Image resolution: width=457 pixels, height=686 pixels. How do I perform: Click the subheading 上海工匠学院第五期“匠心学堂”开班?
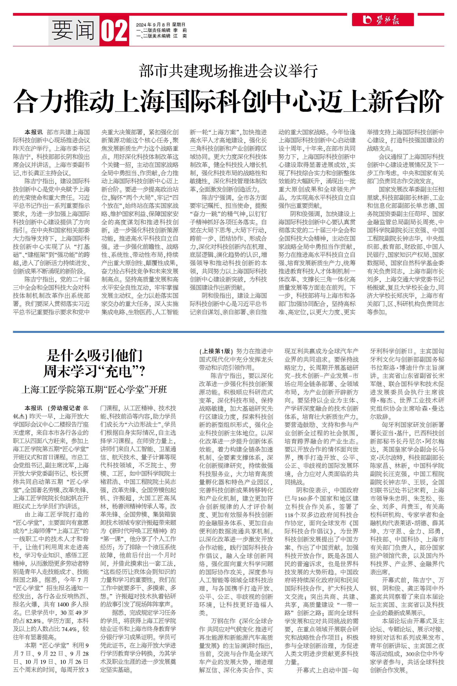click(94, 390)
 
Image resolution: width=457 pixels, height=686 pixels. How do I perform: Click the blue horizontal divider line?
click(228, 332)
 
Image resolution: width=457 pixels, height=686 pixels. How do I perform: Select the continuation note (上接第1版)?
click(217, 351)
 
